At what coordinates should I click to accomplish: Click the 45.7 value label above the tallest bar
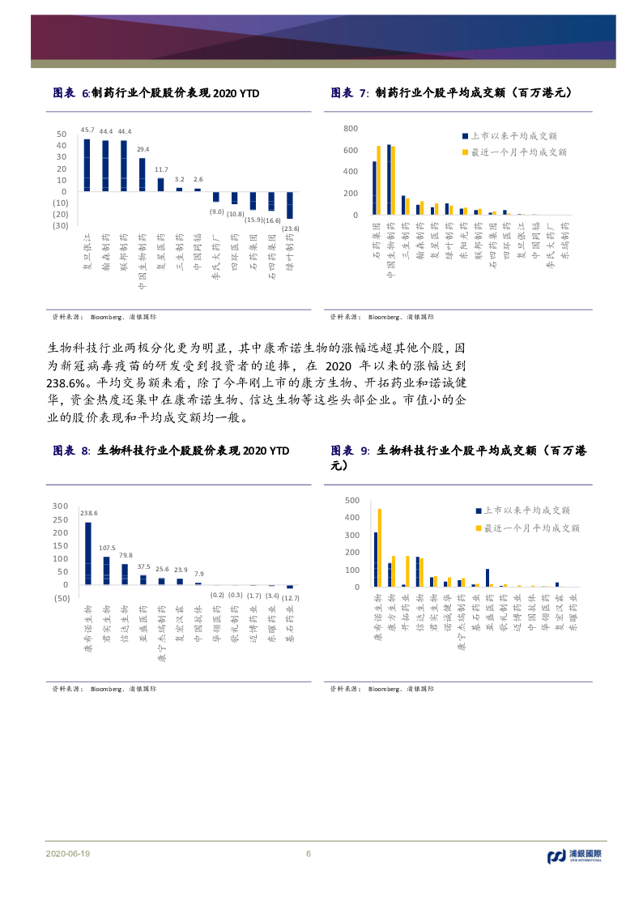(x=88, y=130)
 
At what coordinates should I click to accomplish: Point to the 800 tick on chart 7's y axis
(x=351, y=129)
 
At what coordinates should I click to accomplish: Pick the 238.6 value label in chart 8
(x=88, y=512)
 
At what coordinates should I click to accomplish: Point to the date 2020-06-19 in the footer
(x=68, y=854)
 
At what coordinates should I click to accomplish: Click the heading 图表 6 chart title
(x=155, y=93)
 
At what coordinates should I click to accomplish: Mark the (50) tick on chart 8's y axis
(x=62, y=598)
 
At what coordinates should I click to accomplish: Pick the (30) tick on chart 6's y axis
(x=60, y=226)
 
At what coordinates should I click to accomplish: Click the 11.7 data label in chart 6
(x=160, y=169)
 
